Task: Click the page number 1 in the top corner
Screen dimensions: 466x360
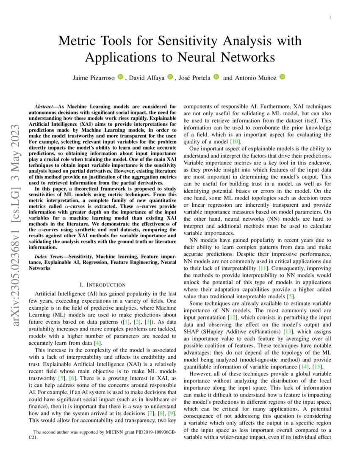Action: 330,17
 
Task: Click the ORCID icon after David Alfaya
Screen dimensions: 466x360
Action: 170,77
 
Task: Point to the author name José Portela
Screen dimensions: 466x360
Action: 195,78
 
